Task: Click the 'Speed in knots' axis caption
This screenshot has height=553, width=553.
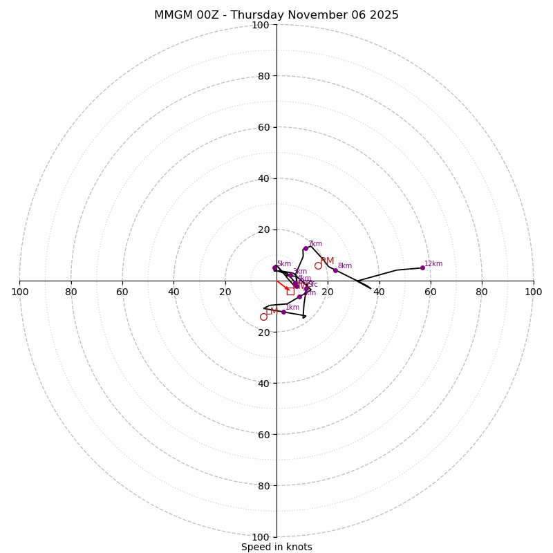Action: [276, 547]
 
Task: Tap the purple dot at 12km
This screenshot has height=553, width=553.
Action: [422, 268]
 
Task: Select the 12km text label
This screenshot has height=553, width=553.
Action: [433, 263]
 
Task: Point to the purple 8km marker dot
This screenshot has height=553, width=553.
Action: [335, 270]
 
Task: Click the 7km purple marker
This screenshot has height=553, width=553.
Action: [306, 248]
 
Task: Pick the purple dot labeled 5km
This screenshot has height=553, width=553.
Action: [274, 268]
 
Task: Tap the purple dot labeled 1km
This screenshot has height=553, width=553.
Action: [283, 312]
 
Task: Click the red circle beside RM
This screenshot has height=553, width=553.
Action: [318, 265]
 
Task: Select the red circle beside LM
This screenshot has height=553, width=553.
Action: [263, 317]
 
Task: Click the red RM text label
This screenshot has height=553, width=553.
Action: [327, 261]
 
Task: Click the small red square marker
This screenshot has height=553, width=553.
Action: [290, 291]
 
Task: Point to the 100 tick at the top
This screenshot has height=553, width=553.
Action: [260, 25]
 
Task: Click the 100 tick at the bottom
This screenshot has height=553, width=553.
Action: [260, 536]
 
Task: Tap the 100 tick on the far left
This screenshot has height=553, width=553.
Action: [20, 292]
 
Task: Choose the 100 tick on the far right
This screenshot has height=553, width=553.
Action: [533, 292]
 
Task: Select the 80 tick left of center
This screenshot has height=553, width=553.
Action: [71, 292]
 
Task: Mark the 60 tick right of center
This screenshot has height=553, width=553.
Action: [430, 292]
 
